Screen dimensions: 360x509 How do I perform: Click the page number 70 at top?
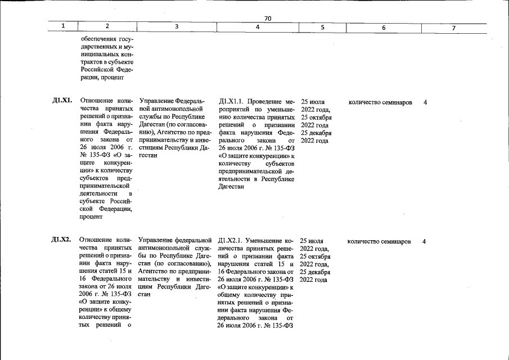coord(268,19)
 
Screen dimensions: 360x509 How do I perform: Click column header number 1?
coord(63,26)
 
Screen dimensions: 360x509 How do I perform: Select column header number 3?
coord(176,26)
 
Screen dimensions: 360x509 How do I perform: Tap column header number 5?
coord(322,26)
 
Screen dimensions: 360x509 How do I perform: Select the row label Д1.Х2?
coord(61,241)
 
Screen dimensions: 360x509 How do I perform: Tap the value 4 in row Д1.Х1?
coord(425,102)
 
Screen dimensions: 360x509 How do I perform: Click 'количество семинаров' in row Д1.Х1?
coord(380,102)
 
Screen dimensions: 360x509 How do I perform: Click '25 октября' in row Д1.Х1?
coord(316,118)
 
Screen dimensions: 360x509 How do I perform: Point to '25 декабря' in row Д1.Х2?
coord(316,272)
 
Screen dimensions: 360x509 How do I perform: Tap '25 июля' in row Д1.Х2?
coord(312,241)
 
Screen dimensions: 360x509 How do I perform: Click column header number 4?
coord(257,26)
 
